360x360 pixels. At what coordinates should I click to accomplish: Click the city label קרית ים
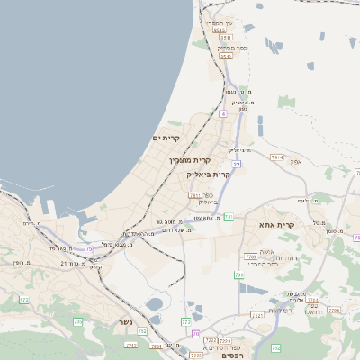point(166,138)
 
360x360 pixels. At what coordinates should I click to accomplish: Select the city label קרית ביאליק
point(209,174)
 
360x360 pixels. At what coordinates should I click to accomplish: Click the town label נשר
point(125,322)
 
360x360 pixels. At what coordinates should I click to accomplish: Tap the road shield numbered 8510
point(219,30)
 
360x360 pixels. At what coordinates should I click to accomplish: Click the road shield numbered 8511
point(226,56)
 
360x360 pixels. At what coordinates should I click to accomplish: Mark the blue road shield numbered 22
point(237,165)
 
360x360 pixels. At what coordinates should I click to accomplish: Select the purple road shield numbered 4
point(222,114)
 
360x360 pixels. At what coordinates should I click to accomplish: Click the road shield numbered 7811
point(195,195)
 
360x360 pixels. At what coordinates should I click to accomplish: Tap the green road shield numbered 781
point(229,216)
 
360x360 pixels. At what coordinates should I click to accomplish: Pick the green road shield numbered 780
point(238,274)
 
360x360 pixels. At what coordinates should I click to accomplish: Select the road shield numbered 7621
point(258,315)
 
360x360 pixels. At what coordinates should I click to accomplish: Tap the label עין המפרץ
point(219,22)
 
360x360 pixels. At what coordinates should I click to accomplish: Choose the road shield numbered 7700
point(250,257)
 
